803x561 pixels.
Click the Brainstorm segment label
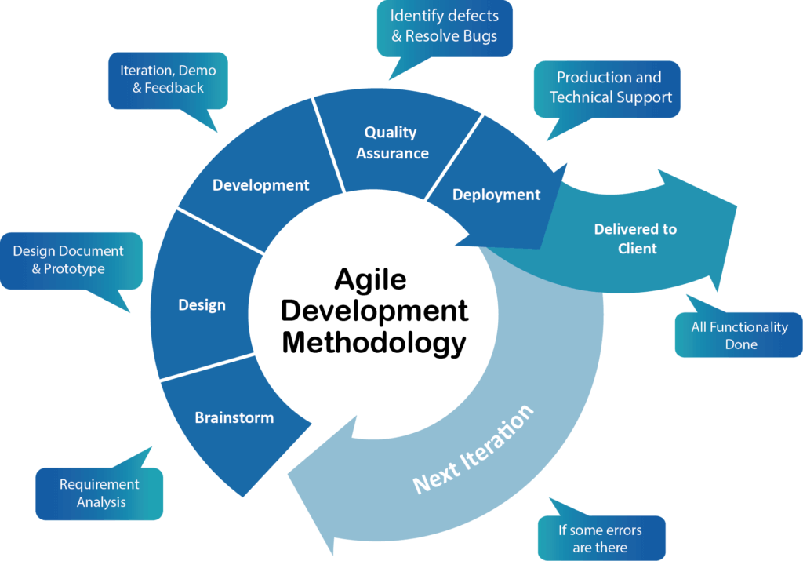[234, 417]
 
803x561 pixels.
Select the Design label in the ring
[202, 305]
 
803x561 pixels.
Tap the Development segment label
[260, 185]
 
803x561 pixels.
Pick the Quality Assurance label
[391, 143]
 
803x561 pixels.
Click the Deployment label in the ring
[496, 195]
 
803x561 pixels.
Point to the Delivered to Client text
[635, 239]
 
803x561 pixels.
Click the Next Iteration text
[473, 449]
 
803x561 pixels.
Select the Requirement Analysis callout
[100, 494]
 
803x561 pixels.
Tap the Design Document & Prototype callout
[68, 260]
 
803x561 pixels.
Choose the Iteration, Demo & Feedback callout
[168, 79]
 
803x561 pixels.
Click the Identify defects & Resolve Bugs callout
[444, 26]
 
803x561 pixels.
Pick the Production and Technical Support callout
[609, 87]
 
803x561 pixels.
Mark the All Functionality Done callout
[739, 336]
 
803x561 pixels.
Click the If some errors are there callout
[600, 538]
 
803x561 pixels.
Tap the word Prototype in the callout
[74, 268]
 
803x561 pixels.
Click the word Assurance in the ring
[392, 153]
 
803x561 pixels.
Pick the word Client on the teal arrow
[636, 249]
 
